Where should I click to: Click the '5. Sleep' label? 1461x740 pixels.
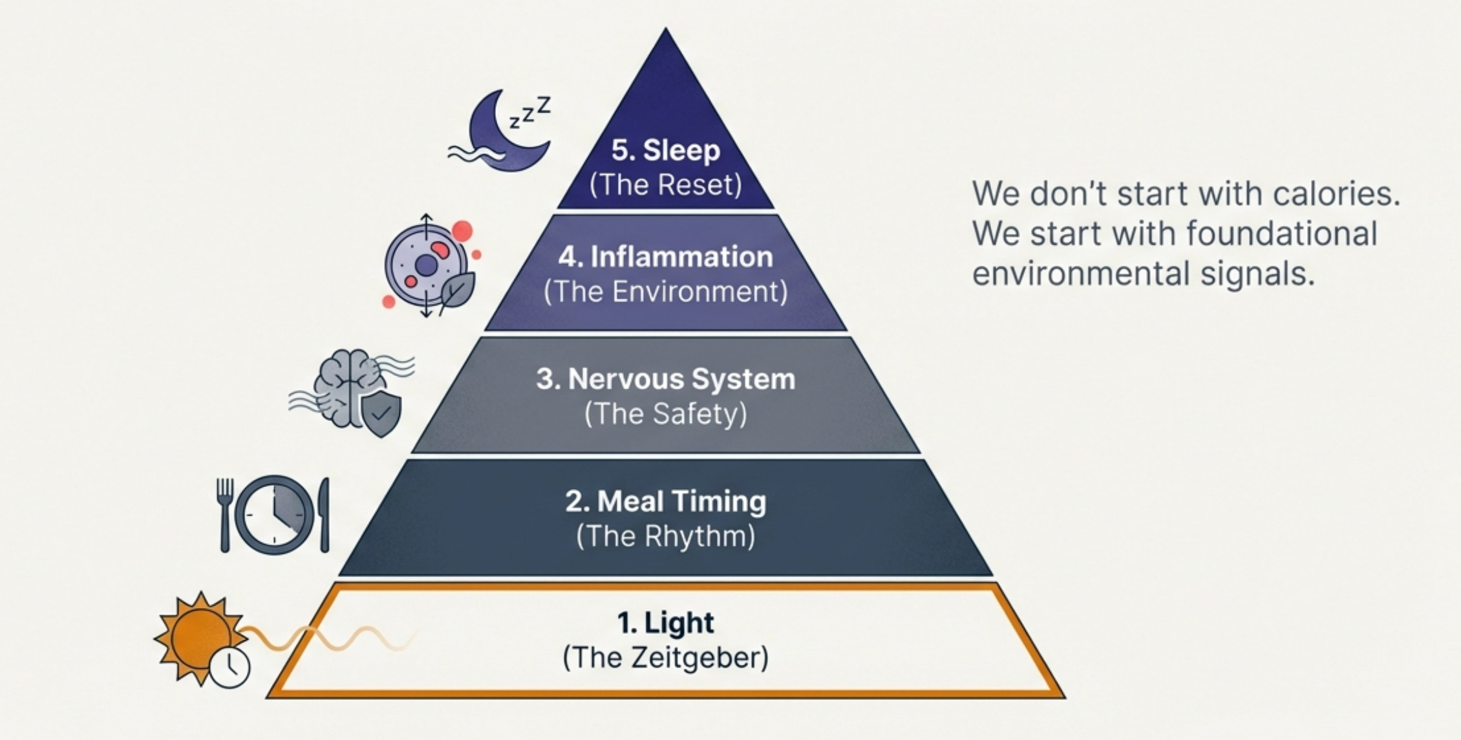[x=665, y=150]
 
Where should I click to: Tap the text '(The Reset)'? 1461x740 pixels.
[x=665, y=185]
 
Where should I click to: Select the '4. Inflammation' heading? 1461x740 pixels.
[x=665, y=257]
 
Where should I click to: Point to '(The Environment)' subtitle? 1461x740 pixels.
[x=665, y=292]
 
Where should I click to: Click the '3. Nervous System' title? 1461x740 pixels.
[x=665, y=379]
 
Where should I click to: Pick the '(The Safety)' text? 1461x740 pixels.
[x=665, y=414]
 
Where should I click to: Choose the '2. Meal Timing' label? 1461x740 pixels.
[x=665, y=501]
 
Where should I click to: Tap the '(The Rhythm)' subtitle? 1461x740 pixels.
[x=665, y=536]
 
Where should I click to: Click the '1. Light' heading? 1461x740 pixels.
[x=665, y=623]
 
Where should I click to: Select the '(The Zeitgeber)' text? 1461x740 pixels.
[x=665, y=658]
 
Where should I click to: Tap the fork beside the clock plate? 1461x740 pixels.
[x=224, y=514]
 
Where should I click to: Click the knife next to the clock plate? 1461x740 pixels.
[x=324, y=514]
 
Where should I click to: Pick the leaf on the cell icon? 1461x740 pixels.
[x=457, y=290]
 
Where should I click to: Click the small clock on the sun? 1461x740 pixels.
[x=229, y=666]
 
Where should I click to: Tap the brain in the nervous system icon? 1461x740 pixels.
[x=343, y=385]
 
